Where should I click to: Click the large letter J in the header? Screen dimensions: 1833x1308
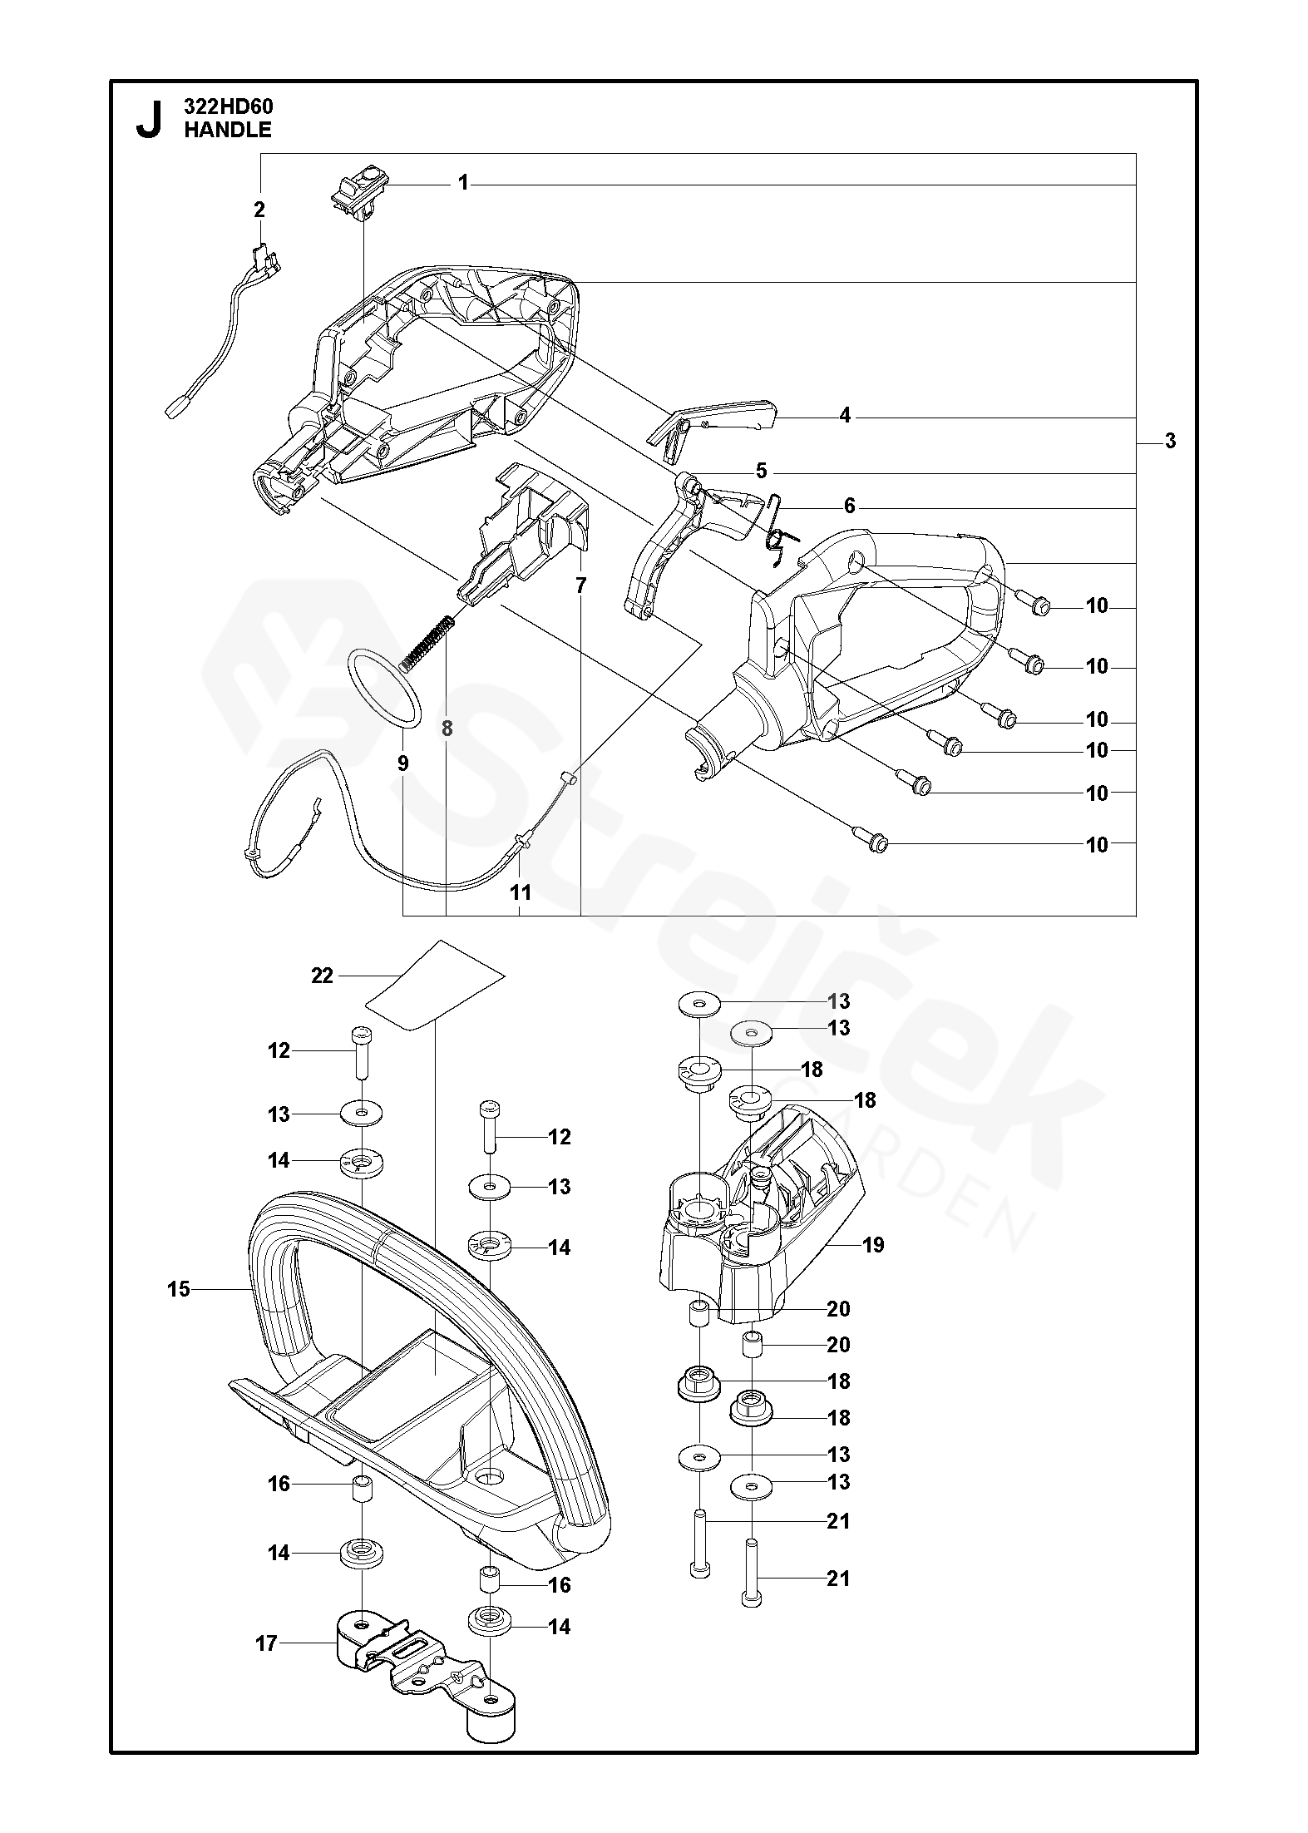coord(148,118)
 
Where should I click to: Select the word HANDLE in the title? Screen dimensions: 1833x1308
coord(227,130)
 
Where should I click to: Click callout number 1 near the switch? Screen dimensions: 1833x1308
coord(463,183)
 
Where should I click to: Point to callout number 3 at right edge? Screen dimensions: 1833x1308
coord(1170,442)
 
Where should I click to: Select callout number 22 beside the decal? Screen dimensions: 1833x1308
coord(322,976)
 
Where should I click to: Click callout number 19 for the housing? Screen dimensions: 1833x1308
coord(873,1268)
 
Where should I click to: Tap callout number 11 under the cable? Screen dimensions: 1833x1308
coord(521,893)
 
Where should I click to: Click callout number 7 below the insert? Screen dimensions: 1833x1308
coord(580,585)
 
